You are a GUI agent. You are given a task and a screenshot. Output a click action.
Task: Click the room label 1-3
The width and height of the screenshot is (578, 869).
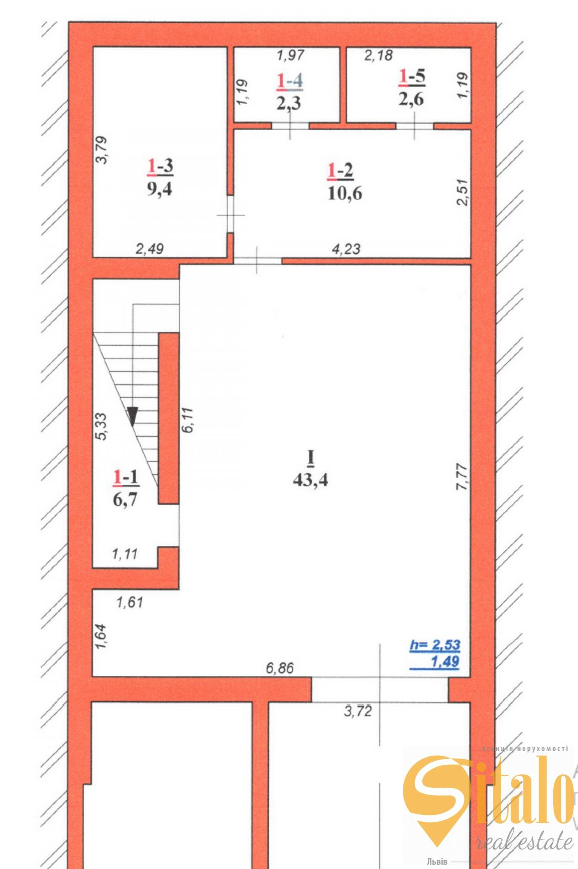click(160, 166)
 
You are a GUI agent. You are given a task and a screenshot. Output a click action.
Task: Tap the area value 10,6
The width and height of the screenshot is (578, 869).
click(345, 193)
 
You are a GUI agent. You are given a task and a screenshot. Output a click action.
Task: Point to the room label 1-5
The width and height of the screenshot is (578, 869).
click(412, 77)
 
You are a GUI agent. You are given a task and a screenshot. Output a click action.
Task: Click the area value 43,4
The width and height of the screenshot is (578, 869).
click(310, 480)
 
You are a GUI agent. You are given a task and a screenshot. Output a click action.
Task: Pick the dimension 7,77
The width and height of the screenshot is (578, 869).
click(462, 477)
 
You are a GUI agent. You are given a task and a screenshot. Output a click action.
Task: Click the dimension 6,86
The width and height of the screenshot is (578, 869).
click(280, 668)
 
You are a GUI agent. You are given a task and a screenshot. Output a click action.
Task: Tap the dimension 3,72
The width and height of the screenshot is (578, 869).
click(358, 711)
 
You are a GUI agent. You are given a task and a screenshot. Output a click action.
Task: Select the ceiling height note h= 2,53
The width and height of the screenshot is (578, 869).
click(435, 645)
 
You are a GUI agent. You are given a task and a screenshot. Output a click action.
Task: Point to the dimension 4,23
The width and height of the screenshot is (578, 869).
click(346, 249)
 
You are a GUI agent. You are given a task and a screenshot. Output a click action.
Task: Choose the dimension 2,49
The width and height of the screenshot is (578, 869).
click(149, 249)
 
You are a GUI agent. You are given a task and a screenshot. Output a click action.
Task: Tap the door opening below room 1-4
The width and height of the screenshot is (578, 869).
click(290, 126)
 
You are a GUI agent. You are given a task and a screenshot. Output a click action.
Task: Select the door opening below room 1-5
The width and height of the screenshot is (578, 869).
click(415, 126)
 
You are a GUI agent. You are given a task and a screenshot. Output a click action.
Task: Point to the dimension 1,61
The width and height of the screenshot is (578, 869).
click(130, 603)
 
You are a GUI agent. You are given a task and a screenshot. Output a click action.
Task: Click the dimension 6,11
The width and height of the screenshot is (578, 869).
click(187, 420)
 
